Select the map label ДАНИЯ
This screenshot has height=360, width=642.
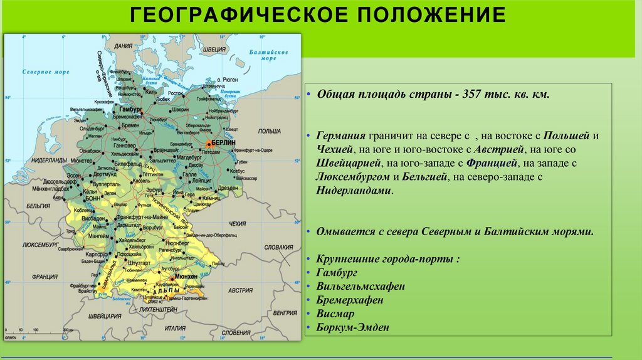click(x=124, y=46)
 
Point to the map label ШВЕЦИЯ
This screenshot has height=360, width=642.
click(x=214, y=48)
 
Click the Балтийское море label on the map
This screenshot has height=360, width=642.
click(x=268, y=55)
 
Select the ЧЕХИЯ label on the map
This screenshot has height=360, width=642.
click(x=238, y=223)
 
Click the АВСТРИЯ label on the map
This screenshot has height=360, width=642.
click(x=240, y=290)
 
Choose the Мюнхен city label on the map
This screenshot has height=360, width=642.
click(x=187, y=276)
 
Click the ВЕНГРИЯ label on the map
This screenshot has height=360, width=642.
click(x=285, y=312)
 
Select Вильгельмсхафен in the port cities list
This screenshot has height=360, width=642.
click(x=360, y=286)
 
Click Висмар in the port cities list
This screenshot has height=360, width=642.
click(x=335, y=313)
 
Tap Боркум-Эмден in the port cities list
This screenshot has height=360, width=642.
click(x=352, y=327)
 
